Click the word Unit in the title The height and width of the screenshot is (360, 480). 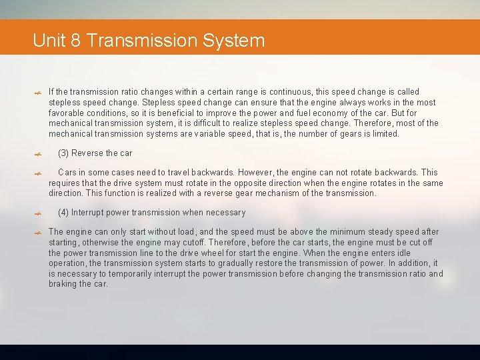click(x=48, y=41)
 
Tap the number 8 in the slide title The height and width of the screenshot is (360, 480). click(x=75, y=41)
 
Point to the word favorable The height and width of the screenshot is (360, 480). click(x=66, y=113)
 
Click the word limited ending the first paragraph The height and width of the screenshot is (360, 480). click(x=383, y=134)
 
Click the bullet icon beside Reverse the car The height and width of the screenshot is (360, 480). click(x=38, y=154)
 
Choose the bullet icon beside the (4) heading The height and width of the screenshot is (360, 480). click(x=38, y=213)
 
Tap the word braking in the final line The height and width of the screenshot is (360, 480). click(x=63, y=284)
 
